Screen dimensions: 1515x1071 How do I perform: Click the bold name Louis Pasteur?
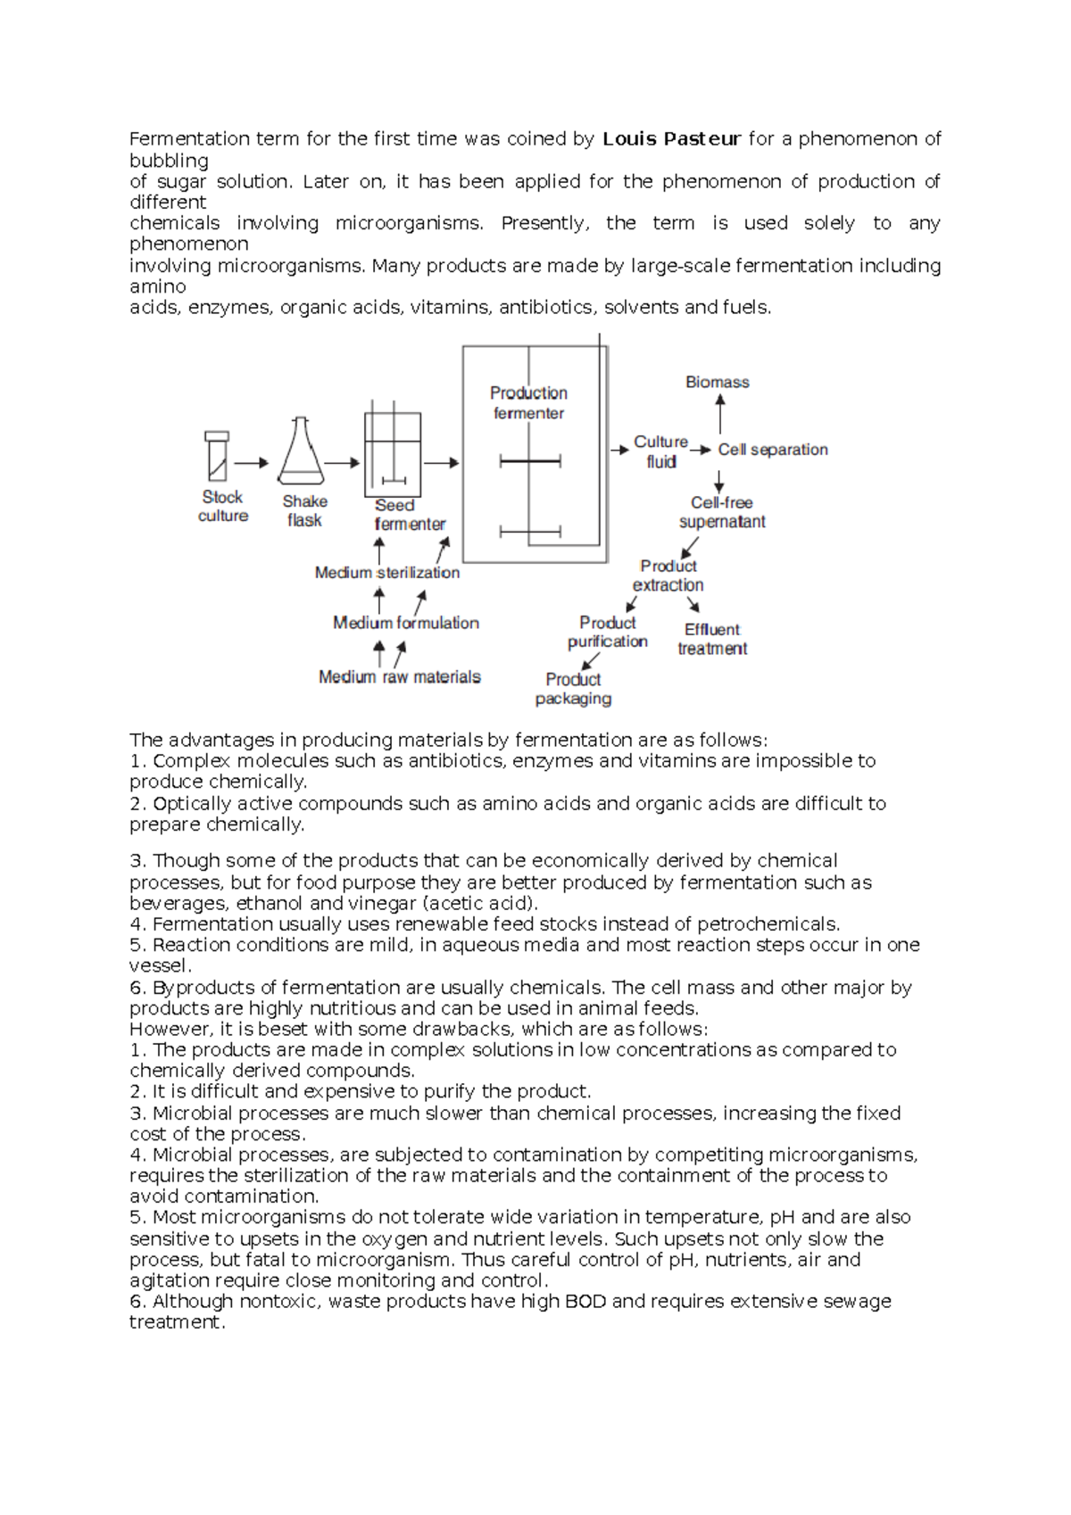(x=671, y=139)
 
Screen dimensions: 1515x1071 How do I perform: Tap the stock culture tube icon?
(x=217, y=456)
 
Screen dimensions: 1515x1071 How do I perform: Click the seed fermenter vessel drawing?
(x=393, y=454)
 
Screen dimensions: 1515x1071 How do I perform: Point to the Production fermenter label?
(x=528, y=402)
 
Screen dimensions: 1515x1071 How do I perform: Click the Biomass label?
(x=717, y=382)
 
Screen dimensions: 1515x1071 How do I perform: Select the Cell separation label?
(x=773, y=450)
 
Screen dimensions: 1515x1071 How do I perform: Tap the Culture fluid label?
(x=660, y=451)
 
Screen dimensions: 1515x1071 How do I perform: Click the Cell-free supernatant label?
(x=722, y=512)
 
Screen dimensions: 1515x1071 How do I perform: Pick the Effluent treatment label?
(x=712, y=639)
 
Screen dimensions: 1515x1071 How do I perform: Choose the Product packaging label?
(x=573, y=689)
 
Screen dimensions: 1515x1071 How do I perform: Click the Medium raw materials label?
(x=400, y=677)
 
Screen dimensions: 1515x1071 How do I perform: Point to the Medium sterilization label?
(x=387, y=573)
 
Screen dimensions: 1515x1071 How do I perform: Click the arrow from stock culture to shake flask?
(x=252, y=462)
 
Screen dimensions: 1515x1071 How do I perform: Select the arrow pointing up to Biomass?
(x=720, y=414)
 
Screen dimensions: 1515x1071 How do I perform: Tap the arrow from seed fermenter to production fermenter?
(x=441, y=462)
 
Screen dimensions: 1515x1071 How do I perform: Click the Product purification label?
(x=608, y=632)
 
